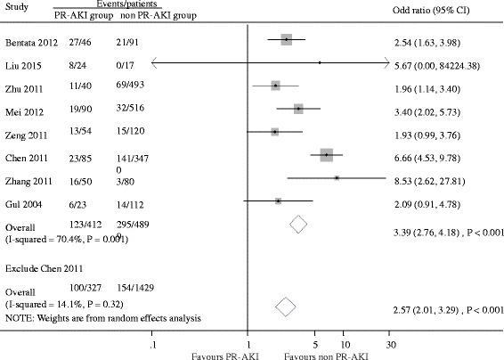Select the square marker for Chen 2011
[326, 154]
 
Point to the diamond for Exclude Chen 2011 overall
[286, 307]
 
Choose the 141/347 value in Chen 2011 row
[131, 155]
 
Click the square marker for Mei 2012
[298, 109]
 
